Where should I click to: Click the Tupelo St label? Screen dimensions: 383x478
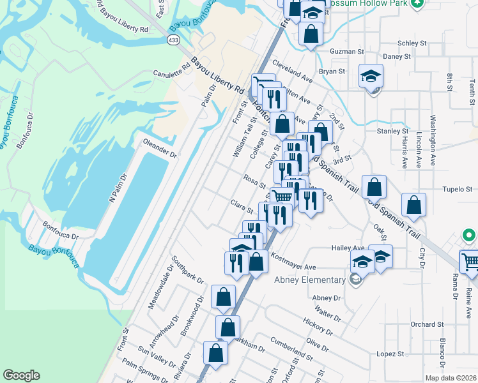[x=458, y=190]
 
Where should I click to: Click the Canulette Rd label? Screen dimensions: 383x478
[x=172, y=70]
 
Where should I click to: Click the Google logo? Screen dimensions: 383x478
[x=21, y=375]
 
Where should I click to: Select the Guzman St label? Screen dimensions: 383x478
[x=346, y=51]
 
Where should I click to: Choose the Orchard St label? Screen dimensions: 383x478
[x=427, y=324]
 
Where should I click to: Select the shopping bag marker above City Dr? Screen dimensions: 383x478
[x=414, y=205]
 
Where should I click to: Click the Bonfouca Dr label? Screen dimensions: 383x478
[x=60, y=230]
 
